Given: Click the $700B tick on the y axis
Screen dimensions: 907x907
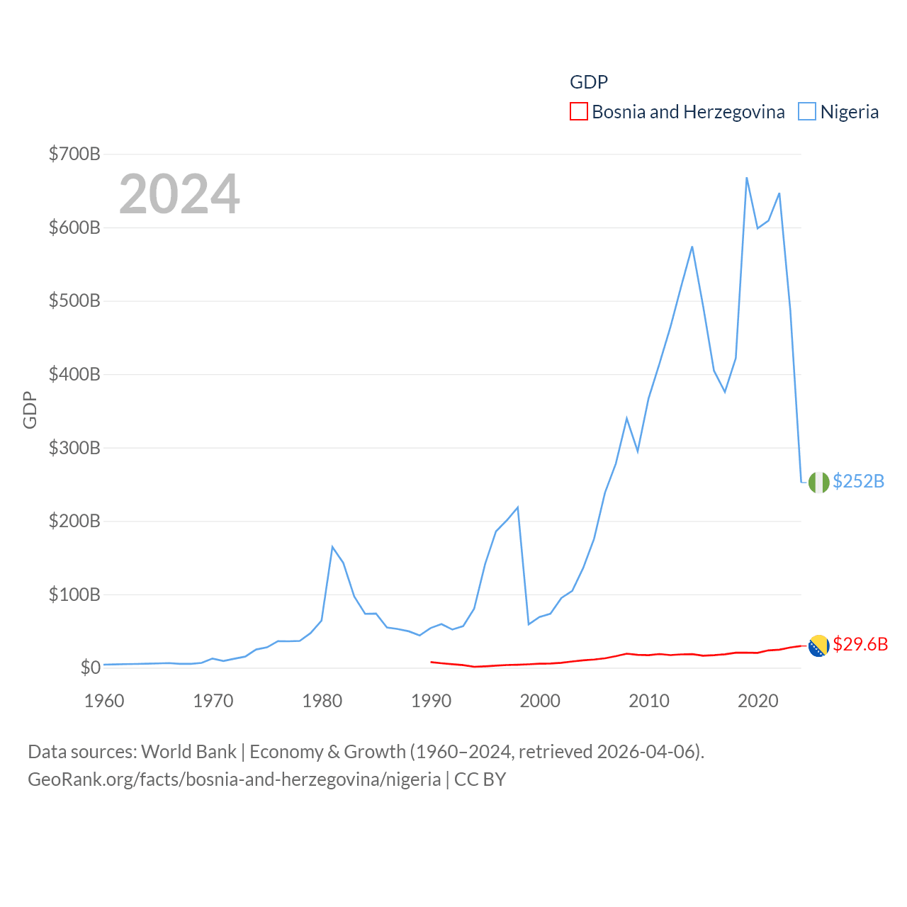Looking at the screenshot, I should click(x=74, y=154).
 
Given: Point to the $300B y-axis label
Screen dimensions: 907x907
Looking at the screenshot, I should click(x=74, y=448).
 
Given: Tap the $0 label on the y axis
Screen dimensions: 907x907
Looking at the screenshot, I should click(x=90, y=667).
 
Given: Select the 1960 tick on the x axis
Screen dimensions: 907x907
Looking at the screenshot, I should click(x=104, y=701).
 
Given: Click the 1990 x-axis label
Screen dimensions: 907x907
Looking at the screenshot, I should click(x=431, y=701).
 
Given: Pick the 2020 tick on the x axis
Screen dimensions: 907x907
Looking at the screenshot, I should click(x=757, y=701).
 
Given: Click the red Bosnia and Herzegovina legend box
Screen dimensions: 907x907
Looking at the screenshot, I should click(x=579, y=112).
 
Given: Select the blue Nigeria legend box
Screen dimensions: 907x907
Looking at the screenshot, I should click(x=807, y=112).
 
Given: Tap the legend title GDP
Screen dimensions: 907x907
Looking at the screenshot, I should click(x=589, y=82).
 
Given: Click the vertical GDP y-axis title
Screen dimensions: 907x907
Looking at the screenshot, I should click(x=30, y=410).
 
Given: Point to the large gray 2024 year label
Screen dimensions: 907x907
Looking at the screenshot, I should click(x=179, y=194).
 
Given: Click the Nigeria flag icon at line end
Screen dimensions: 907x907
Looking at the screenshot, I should click(x=818, y=482).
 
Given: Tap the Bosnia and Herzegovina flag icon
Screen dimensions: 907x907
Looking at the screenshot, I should click(x=818, y=646).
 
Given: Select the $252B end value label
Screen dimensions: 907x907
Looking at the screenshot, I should click(x=858, y=481).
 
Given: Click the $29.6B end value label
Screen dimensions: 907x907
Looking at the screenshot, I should click(x=860, y=644).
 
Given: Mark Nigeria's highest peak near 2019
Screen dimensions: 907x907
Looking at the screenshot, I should click(x=747, y=178).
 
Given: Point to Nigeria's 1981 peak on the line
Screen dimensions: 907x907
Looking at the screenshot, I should click(x=332, y=547).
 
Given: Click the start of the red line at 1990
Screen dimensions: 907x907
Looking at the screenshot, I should click(x=431, y=662).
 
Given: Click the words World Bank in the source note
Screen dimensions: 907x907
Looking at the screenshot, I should click(x=188, y=751).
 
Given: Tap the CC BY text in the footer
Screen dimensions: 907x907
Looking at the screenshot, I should click(x=480, y=779).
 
